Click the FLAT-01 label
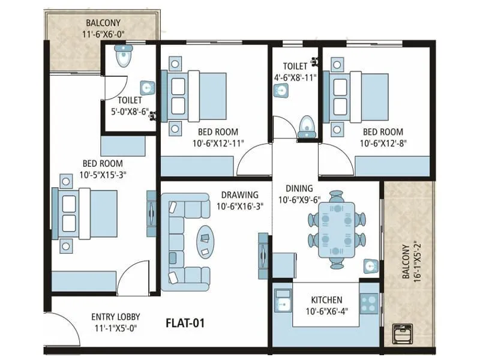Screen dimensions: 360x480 (185, 323)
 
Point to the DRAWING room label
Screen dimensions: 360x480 (239, 195)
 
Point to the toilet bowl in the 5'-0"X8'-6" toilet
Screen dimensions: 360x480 (124, 57)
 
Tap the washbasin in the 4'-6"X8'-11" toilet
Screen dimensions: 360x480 (280, 91)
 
